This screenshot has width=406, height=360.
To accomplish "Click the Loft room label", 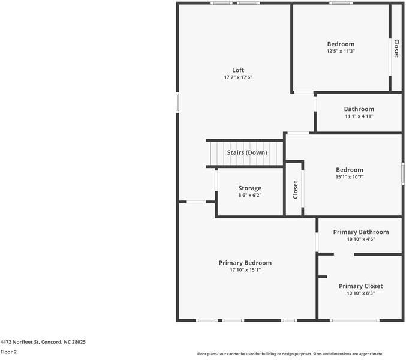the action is pyautogui.click(x=238, y=70).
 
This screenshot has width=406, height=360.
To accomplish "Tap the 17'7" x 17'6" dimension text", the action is pyautogui.click(x=238, y=77).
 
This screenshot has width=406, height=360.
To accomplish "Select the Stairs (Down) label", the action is pyautogui.click(x=247, y=152).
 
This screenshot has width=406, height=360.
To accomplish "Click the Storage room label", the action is pyautogui.click(x=250, y=188).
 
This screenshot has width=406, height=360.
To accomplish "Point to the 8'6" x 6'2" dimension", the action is pyautogui.click(x=250, y=195).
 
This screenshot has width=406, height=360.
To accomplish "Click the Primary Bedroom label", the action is pyautogui.click(x=245, y=263).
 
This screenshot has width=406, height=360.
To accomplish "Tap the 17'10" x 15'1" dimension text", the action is pyautogui.click(x=245, y=270).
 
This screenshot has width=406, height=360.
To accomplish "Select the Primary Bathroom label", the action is pyautogui.click(x=361, y=232).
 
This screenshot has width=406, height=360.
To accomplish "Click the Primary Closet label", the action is pyautogui.click(x=360, y=286).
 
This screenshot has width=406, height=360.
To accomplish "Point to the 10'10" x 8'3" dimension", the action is pyautogui.click(x=360, y=293).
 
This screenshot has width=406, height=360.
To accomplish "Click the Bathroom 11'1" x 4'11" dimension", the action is pyautogui.click(x=359, y=116).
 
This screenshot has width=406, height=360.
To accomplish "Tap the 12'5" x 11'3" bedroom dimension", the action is pyautogui.click(x=341, y=51).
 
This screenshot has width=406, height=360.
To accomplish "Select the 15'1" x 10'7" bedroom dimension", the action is pyautogui.click(x=350, y=177).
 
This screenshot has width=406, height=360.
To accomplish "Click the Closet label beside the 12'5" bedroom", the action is pyautogui.click(x=396, y=49).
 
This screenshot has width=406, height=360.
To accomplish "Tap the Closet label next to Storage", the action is pyautogui.click(x=296, y=190).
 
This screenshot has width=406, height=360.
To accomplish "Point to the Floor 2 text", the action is pyautogui.click(x=8, y=352).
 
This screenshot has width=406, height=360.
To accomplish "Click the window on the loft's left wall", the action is pyautogui.click(x=178, y=103).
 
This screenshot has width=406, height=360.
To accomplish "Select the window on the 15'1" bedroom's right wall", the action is pyautogui.click(x=403, y=173).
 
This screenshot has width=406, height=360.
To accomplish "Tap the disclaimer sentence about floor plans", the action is pyautogui.click(x=290, y=354).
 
